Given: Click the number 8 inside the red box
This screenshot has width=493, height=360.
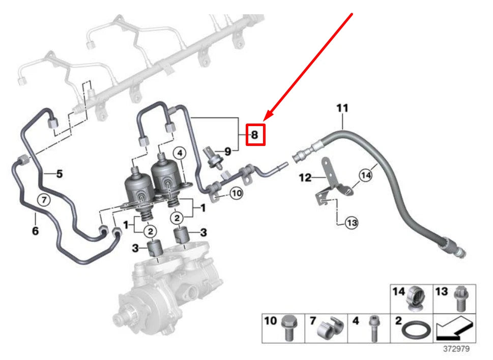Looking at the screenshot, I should pyautogui.click(x=255, y=135).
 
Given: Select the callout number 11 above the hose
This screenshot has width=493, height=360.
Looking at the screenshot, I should pyautogui.click(x=342, y=108).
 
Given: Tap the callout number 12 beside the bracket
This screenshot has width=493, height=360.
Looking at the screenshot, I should pyautogui.click(x=305, y=178).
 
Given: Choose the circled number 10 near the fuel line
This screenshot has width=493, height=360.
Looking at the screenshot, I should pyautogui.click(x=236, y=193).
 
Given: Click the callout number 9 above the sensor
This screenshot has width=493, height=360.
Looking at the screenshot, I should pyautogui.click(x=228, y=151).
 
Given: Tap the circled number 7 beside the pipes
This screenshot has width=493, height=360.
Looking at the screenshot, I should pyautogui.click(x=45, y=200).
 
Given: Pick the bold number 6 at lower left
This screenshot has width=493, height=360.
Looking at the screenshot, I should pyautogui.click(x=35, y=230).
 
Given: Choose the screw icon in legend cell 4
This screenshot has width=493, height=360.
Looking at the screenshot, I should pyautogui.click(x=372, y=329).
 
